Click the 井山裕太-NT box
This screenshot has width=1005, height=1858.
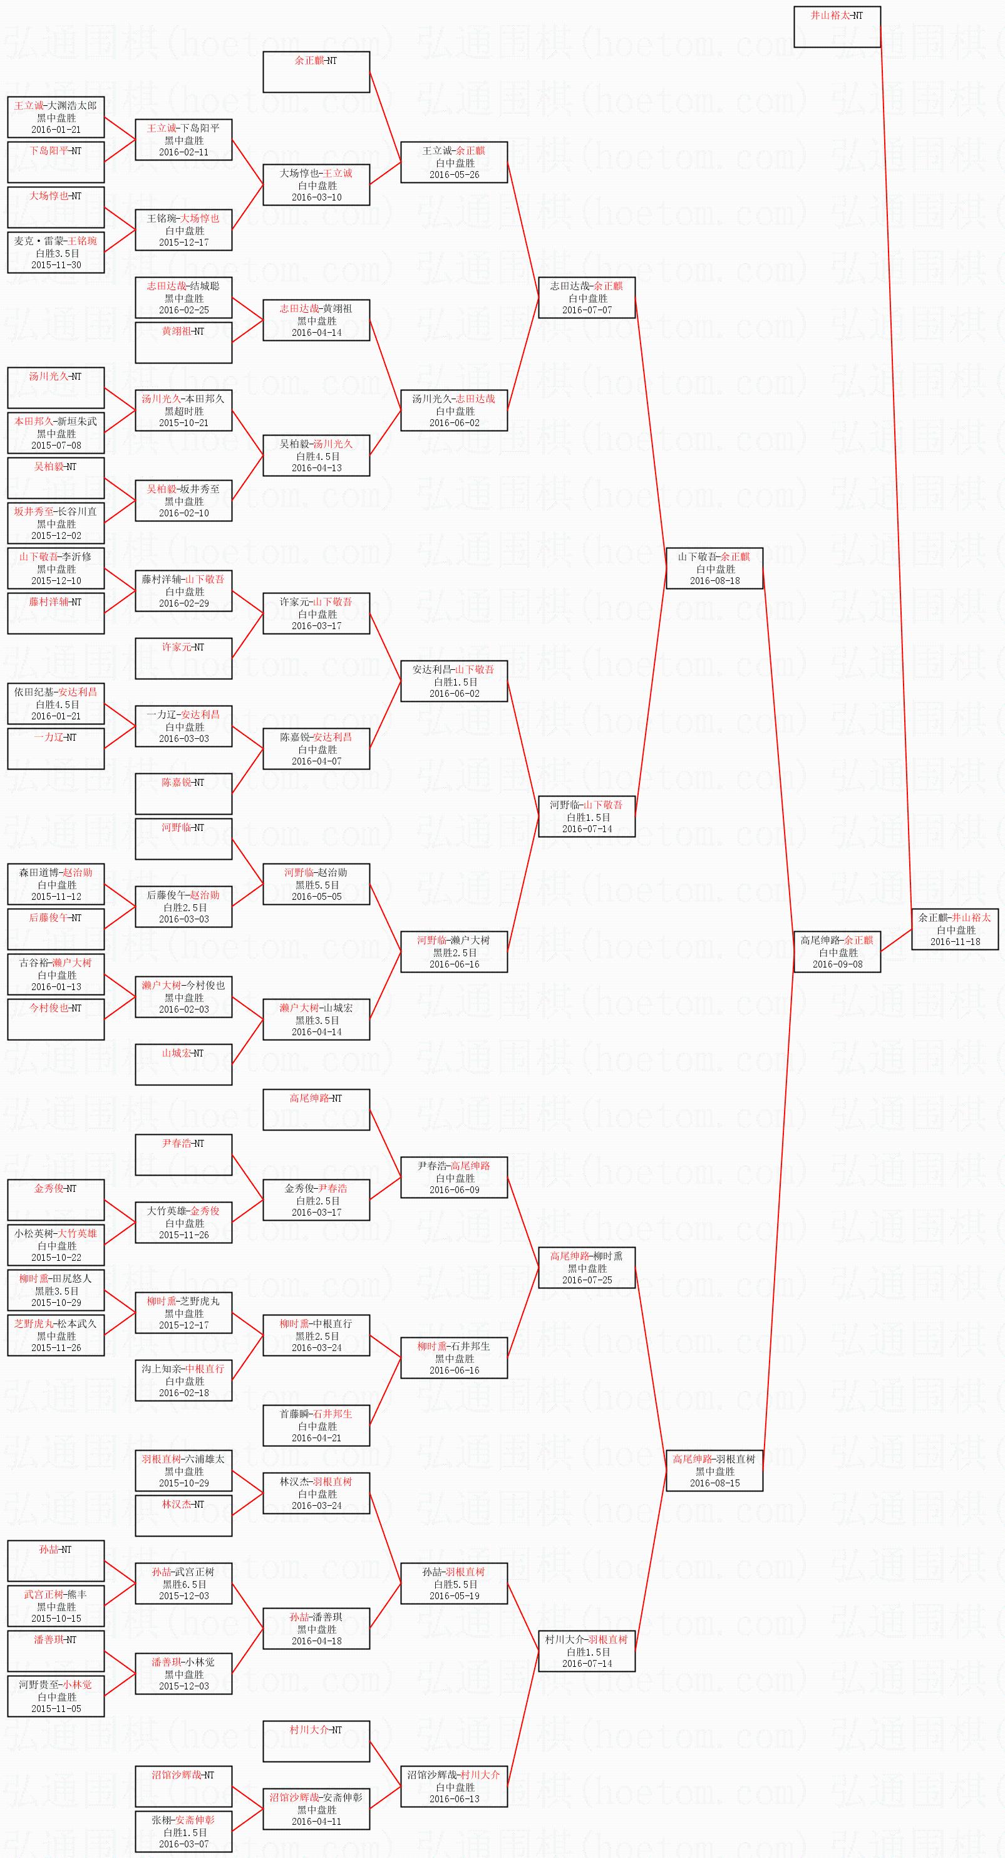[837, 27]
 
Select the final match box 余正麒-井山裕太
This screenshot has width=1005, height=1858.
[954, 929]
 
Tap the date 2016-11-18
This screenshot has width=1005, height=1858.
[954, 941]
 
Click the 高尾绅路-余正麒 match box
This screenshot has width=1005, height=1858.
[837, 951]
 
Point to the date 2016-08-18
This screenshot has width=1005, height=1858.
[714, 581]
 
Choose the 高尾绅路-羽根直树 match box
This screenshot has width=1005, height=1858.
[714, 1470]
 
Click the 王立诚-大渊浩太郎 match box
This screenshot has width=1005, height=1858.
[56, 117]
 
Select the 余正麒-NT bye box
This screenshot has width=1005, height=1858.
[316, 71]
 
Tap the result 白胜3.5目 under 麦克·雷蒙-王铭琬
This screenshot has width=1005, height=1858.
[56, 253]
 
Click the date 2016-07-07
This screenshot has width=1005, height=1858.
[586, 310]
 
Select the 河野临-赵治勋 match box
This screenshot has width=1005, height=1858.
[316, 884]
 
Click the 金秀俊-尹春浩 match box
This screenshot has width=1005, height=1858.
[316, 1199]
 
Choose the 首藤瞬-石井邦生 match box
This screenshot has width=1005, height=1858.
[316, 1425]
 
